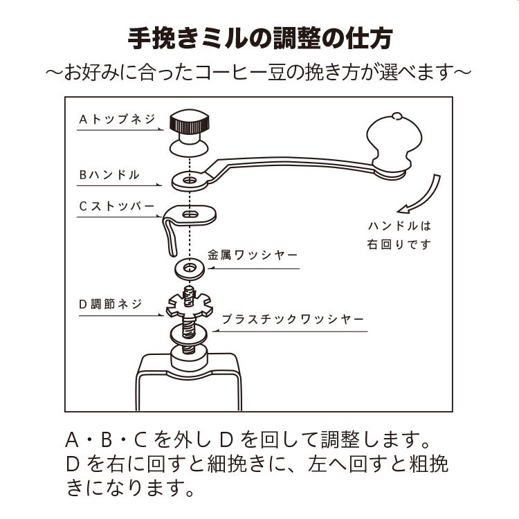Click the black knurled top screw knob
(x=189, y=122)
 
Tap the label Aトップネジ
(x=117, y=119)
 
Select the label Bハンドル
(x=109, y=175)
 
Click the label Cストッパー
(x=117, y=206)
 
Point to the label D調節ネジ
(x=111, y=304)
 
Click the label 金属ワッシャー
(x=253, y=255)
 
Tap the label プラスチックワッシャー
(x=293, y=320)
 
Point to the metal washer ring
(x=190, y=268)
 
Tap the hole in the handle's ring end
(x=190, y=181)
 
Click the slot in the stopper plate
(x=190, y=214)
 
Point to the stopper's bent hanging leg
(x=170, y=237)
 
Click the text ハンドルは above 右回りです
(x=399, y=226)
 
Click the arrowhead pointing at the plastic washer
(x=215, y=330)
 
